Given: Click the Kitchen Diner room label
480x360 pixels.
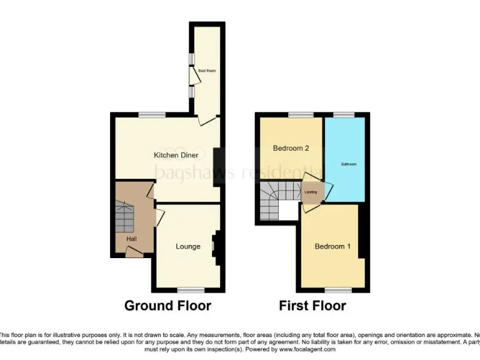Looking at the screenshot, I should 176,154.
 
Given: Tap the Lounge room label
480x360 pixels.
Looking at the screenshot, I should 187,246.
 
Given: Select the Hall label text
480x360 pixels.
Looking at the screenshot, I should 132,239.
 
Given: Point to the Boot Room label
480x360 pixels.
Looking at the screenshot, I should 207,71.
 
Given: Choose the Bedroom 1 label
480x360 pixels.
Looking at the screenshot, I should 332,246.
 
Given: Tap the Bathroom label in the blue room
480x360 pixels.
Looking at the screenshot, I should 348,164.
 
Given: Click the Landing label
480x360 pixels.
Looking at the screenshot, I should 311,192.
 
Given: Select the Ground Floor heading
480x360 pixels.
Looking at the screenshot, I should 167,306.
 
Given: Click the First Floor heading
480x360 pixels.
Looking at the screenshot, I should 312,306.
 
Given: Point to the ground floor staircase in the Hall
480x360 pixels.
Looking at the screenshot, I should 124,216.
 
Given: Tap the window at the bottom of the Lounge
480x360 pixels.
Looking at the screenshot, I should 191,289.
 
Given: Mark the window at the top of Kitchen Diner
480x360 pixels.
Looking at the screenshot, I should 152,114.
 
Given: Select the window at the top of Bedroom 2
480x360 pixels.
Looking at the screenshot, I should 301,114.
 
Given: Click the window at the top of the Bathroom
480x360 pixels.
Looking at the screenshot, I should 343,114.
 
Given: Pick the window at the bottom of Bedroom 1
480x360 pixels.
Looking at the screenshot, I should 337,290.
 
